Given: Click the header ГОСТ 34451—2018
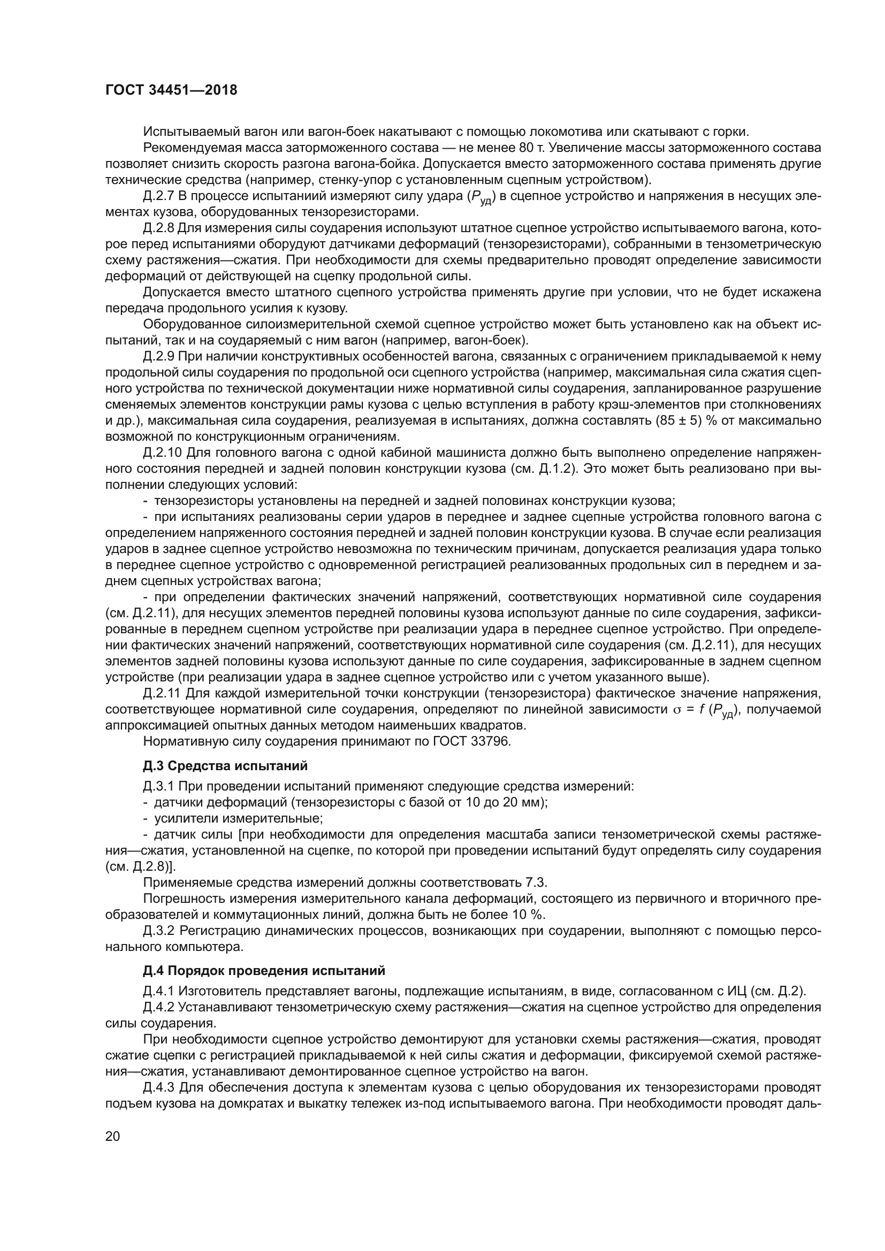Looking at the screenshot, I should [x=171, y=90].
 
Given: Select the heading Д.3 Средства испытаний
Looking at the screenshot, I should [x=225, y=766].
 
